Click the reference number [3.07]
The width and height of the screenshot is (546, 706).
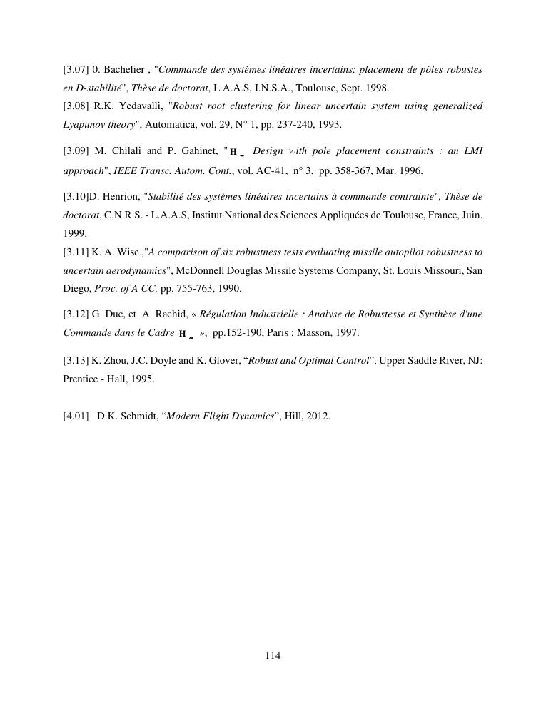point(76,70)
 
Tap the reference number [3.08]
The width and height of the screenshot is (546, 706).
point(76,106)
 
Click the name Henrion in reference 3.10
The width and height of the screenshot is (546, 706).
point(121,196)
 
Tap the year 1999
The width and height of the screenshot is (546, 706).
point(74,233)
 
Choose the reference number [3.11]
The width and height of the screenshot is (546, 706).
point(76,252)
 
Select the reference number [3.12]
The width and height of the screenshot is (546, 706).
point(76,314)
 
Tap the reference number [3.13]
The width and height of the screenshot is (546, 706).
point(76,361)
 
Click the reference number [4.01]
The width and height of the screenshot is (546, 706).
point(76,416)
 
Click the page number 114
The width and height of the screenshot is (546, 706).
point(273,656)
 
